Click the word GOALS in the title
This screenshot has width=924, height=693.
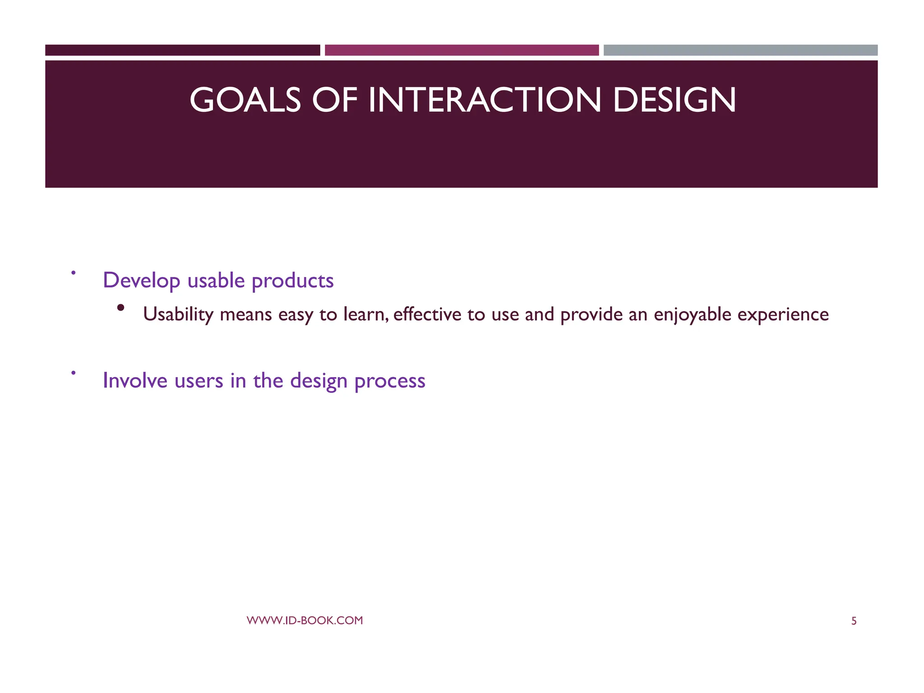[x=245, y=100]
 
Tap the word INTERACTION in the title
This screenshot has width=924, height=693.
[x=485, y=100]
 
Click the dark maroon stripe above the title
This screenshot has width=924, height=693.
[x=182, y=50]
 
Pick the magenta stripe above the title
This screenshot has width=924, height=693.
[x=462, y=50]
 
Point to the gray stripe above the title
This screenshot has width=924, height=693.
[x=740, y=50]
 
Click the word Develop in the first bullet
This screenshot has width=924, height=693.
[x=142, y=281]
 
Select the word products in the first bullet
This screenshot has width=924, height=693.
[x=292, y=281]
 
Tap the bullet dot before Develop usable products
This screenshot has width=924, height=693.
[x=73, y=273]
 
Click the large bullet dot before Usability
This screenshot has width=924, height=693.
[x=120, y=308]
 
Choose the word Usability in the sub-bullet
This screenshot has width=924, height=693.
[x=178, y=314]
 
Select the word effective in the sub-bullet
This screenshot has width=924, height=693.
[x=427, y=314]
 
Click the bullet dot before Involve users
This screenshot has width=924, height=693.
[x=73, y=373]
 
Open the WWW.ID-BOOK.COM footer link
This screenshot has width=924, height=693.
[x=305, y=620]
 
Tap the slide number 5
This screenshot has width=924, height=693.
[x=854, y=621]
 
